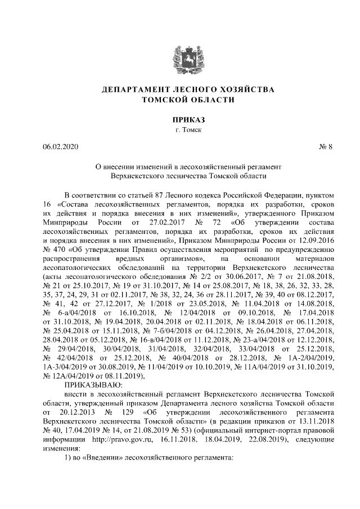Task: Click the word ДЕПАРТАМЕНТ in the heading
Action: [x=134, y=89]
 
